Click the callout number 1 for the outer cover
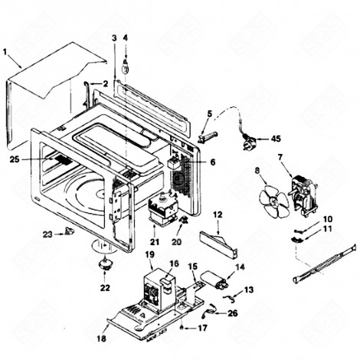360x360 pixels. (x=6, y=53)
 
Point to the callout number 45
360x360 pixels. (x=276, y=139)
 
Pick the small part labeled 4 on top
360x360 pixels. (x=126, y=61)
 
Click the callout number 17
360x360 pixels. (x=203, y=328)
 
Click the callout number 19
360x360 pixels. (x=149, y=254)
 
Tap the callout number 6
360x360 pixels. (x=213, y=162)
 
